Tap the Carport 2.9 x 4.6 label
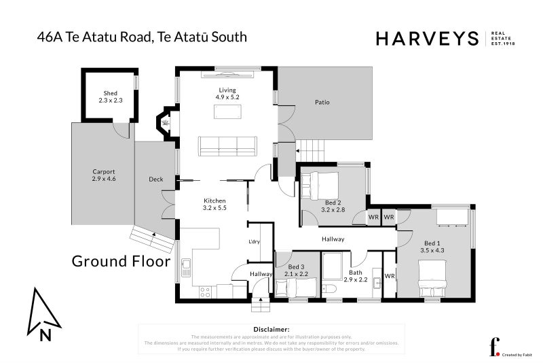point(104,175)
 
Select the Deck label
point(155,179)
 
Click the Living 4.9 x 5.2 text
point(226,94)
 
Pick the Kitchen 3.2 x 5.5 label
point(215,204)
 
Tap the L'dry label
point(255,242)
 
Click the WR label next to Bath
point(389,276)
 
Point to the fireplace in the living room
point(164,123)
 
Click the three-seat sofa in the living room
point(227,145)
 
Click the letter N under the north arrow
point(44,334)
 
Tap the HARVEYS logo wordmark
point(428,39)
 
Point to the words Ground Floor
point(121,261)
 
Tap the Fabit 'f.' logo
point(494,346)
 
